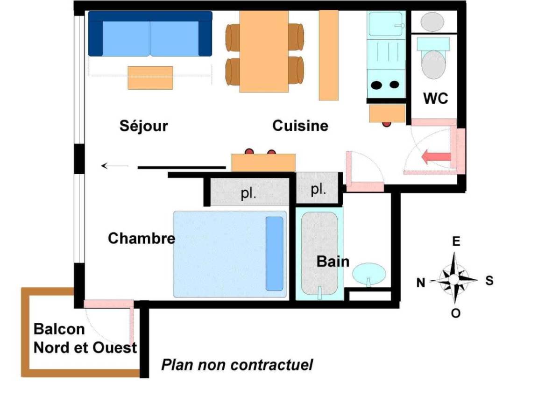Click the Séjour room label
click(x=144, y=126)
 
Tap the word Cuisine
click(x=300, y=126)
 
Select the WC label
click(x=435, y=99)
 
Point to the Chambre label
click(x=142, y=238)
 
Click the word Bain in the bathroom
click(x=333, y=262)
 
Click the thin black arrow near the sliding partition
click(x=114, y=166)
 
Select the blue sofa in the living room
click(x=150, y=34)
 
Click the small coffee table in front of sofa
click(x=150, y=78)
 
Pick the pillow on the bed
click(x=275, y=254)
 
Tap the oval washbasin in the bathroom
click(x=369, y=274)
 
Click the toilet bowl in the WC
click(x=433, y=64)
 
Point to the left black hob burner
click(x=376, y=85)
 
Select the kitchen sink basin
click(x=385, y=24)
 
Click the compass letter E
click(x=456, y=241)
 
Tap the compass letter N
click(x=421, y=283)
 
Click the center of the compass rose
click(x=454, y=280)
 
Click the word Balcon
click(x=59, y=329)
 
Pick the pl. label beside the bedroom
click(x=248, y=193)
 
